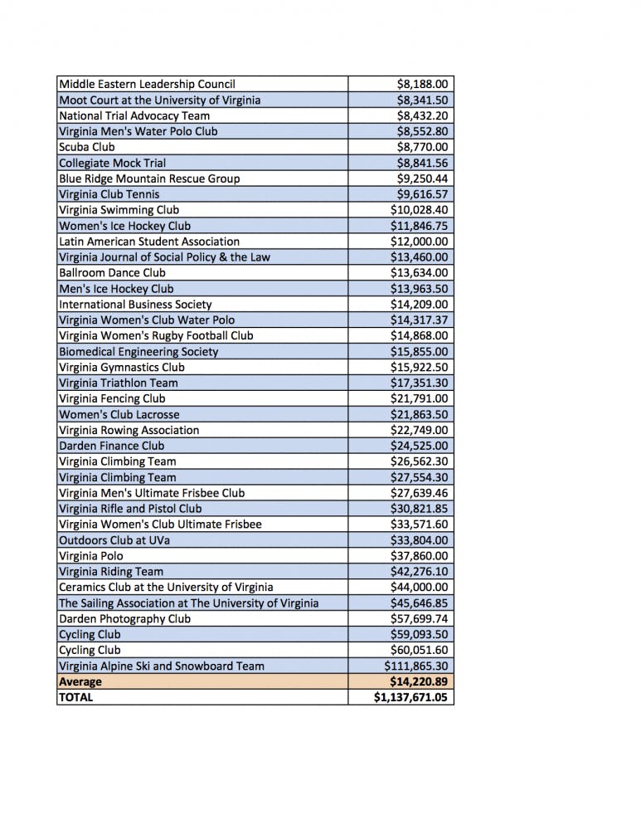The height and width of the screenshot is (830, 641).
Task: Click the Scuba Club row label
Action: coord(87,147)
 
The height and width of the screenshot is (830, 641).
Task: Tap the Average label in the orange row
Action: coord(80,682)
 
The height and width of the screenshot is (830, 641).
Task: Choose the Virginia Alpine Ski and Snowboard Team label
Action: coord(162,666)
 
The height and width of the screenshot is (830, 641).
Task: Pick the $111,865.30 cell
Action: coord(416,666)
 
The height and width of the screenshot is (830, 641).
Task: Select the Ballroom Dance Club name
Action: coord(112,273)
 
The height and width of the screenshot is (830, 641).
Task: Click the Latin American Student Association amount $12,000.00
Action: coord(420,242)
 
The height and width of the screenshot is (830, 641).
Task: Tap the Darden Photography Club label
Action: coord(124,619)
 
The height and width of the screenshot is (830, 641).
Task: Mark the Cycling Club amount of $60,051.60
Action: coord(420,651)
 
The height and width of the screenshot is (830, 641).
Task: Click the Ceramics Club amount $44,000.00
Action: coord(420,588)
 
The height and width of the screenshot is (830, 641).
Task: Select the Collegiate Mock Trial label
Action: coord(112,163)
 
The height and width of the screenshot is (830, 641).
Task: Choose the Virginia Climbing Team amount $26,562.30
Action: coord(420,461)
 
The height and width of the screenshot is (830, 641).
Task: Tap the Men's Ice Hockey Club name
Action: coord(116,289)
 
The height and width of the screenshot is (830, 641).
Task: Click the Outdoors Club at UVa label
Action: coord(115,540)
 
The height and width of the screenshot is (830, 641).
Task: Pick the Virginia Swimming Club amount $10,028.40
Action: coord(420,210)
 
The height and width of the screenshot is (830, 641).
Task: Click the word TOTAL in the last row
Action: coord(76,698)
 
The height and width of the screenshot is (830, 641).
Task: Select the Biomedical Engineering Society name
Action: coord(138,352)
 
